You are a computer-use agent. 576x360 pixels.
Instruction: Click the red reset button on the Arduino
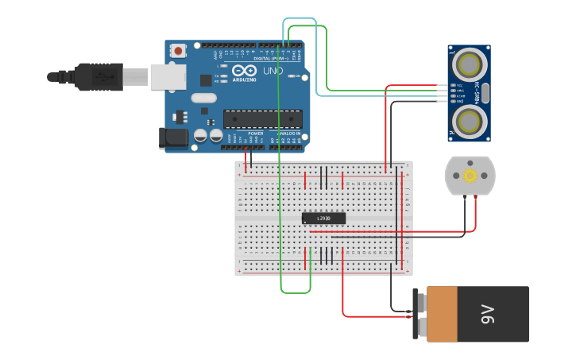pyautogui.click(x=178, y=51)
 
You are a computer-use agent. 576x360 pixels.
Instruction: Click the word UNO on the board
pyautogui.click(x=273, y=72)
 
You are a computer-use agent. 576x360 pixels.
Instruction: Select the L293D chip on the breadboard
pyautogui.click(x=324, y=218)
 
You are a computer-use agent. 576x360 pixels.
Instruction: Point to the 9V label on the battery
pyautogui.click(x=487, y=314)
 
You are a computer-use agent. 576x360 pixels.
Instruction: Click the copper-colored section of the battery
pyautogui.click(x=442, y=314)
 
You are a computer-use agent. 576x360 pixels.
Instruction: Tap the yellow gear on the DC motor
pyautogui.click(x=469, y=176)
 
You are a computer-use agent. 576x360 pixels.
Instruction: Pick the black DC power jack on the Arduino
pyautogui.click(x=173, y=137)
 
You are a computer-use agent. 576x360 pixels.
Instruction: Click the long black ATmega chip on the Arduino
pyautogui.click(x=262, y=119)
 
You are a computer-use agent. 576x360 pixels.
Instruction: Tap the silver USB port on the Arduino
pyautogui.click(x=168, y=76)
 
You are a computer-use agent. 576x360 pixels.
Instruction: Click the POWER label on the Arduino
pyautogui.click(x=255, y=134)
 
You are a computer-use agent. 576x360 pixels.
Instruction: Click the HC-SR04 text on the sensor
pyautogui.click(x=476, y=92)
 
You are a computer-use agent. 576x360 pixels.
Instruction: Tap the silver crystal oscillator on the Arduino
pyautogui.click(x=203, y=99)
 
